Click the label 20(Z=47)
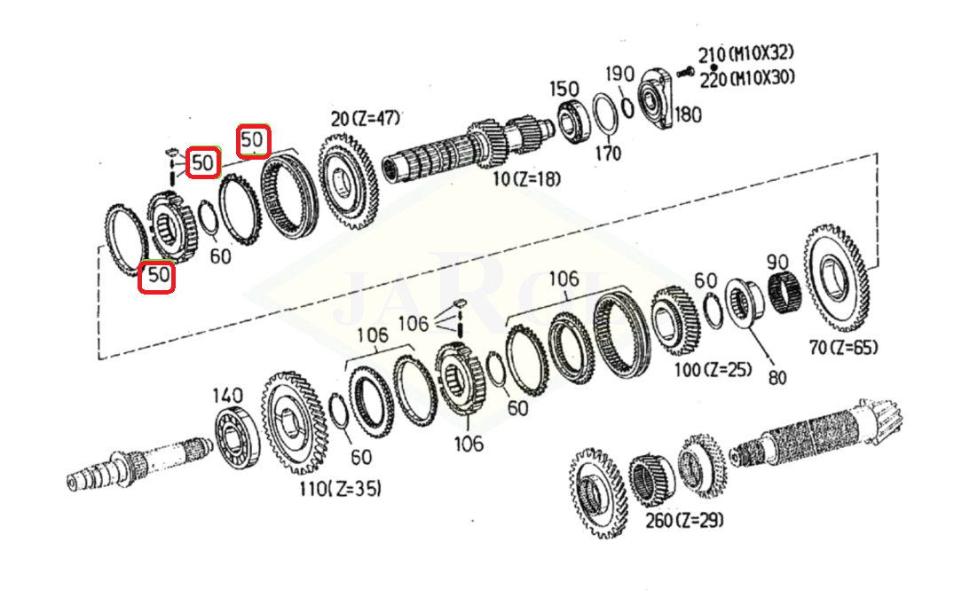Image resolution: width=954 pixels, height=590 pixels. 366,119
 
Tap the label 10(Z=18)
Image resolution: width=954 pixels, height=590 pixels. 527,178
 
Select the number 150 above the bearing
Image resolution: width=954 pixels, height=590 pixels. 564,90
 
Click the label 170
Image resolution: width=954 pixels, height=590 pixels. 608,153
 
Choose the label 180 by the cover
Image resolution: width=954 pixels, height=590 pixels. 688,115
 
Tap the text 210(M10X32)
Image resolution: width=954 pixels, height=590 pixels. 747,54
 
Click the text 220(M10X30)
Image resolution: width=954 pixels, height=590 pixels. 746,79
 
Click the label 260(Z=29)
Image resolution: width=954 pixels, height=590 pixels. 683,520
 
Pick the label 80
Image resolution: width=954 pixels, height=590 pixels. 777,377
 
